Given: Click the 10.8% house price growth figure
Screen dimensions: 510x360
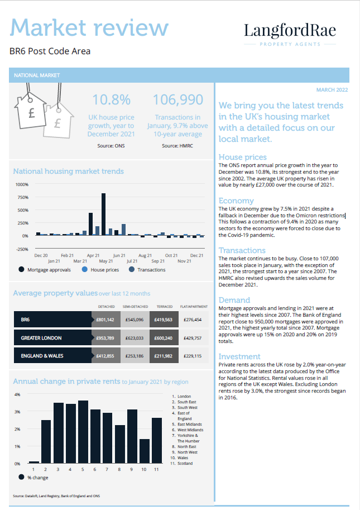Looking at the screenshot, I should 112,100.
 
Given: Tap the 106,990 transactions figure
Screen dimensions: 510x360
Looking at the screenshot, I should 178,100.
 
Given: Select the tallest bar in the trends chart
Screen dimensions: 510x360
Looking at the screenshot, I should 103,214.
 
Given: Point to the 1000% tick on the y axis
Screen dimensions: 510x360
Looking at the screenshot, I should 21,184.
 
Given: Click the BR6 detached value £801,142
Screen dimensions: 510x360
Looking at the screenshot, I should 105,320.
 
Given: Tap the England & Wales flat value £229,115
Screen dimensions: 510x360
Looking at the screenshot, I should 191,356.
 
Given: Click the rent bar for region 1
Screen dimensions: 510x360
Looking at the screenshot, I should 34,461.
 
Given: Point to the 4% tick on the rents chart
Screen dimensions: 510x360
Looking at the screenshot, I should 17,394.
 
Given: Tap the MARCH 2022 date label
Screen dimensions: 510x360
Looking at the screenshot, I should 332,89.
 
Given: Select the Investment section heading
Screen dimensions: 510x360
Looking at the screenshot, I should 239,356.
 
